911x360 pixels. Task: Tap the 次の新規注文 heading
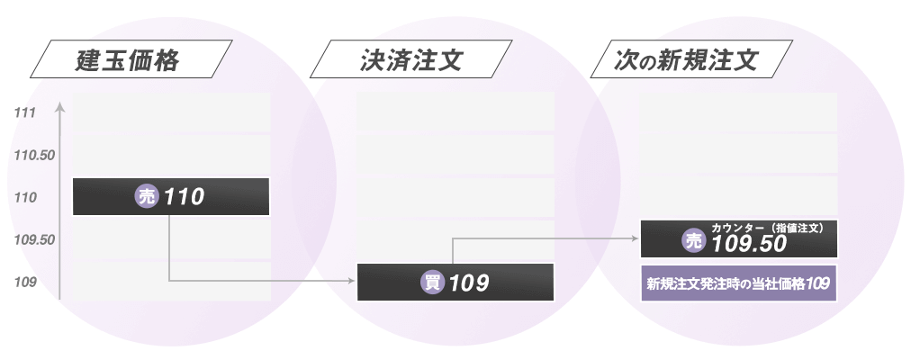[688, 62]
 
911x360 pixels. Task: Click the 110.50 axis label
[35, 155]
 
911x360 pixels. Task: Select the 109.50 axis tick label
[35, 240]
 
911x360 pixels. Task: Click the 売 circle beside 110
[146, 196]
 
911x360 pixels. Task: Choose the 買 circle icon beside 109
[433, 282]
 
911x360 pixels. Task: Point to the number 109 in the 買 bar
[469, 283]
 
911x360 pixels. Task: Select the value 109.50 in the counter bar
[749, 243]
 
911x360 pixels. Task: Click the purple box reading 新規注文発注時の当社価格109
[738, 283]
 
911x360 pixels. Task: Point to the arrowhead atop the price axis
[59, 108]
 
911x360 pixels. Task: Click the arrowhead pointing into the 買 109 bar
[352, 282]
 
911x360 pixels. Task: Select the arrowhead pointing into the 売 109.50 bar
[636, 238]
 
